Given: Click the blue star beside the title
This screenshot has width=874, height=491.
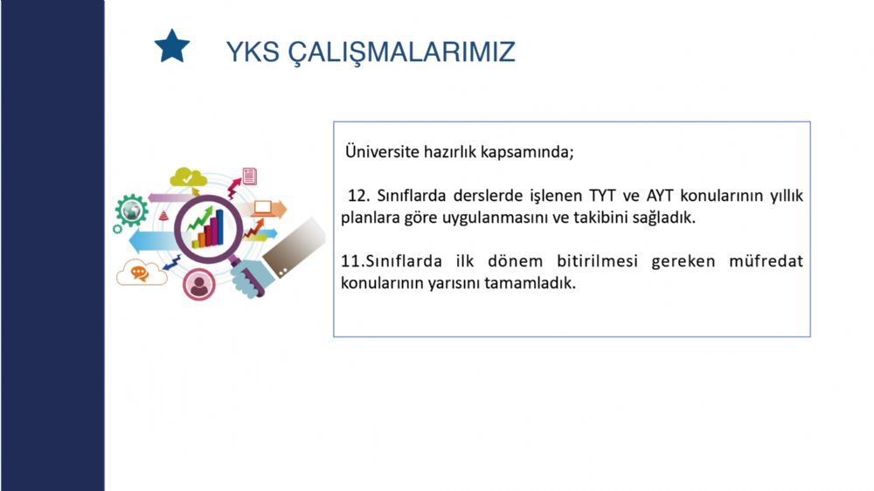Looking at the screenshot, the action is click(x=171, y=46).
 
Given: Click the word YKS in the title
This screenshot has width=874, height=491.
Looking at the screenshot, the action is click(x=253, y=52).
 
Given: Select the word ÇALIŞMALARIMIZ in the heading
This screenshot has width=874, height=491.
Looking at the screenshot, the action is click(x=402, y=52).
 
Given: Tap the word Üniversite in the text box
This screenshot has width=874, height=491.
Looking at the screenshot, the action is click(x=382, y=151).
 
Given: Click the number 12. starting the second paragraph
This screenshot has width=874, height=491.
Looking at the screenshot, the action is click(x=359, y=196).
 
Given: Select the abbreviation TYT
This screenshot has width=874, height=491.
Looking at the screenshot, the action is click(x=602, y=196).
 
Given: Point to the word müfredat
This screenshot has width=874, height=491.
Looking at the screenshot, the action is click(x=766, y=261).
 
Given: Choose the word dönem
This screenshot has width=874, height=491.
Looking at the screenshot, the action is click(x=515, y=261).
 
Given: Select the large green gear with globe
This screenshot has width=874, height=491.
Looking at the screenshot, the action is click(x=132, y=210).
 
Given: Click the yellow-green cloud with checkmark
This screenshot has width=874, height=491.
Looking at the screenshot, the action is click(x=188, y=177).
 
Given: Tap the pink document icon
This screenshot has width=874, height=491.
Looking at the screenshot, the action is click(x=250, y=176).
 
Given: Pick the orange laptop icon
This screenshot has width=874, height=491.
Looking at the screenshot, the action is click(x=262, y=209).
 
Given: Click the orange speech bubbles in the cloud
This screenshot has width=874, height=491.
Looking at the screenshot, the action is click(x=139, y=273).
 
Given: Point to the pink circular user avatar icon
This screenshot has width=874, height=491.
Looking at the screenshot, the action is click(x=198, y=284).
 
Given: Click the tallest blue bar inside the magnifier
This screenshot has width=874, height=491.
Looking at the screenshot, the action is click(x=219, y=227).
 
